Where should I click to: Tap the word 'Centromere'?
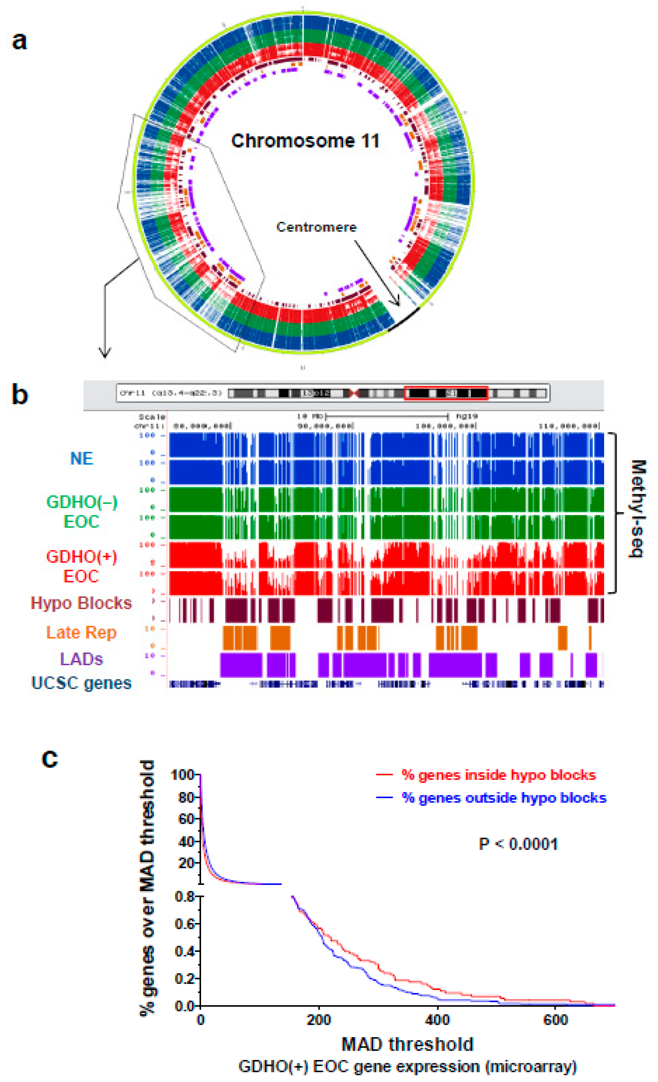(316, 227)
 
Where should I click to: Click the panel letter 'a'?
(19, 41)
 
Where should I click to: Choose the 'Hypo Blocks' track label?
(81, 603)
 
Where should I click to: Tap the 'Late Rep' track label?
(81, 632)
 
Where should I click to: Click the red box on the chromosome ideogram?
(446, 393)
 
